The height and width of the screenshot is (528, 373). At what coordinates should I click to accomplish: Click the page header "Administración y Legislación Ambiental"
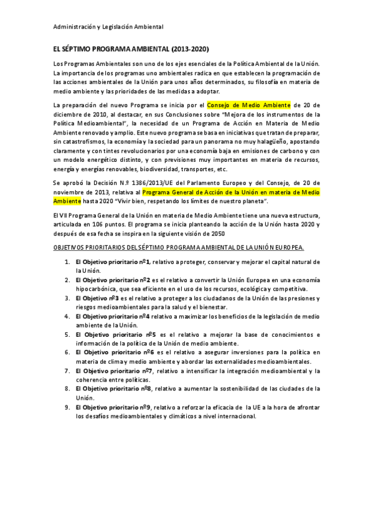click(x=108, y=27)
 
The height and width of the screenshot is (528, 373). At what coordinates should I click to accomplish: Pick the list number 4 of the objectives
click(x=67, y=316)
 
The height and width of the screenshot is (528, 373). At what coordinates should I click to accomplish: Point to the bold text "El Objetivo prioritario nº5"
click(x=116, y=334)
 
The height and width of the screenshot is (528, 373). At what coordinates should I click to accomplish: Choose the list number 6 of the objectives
click(x=67, y=352)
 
